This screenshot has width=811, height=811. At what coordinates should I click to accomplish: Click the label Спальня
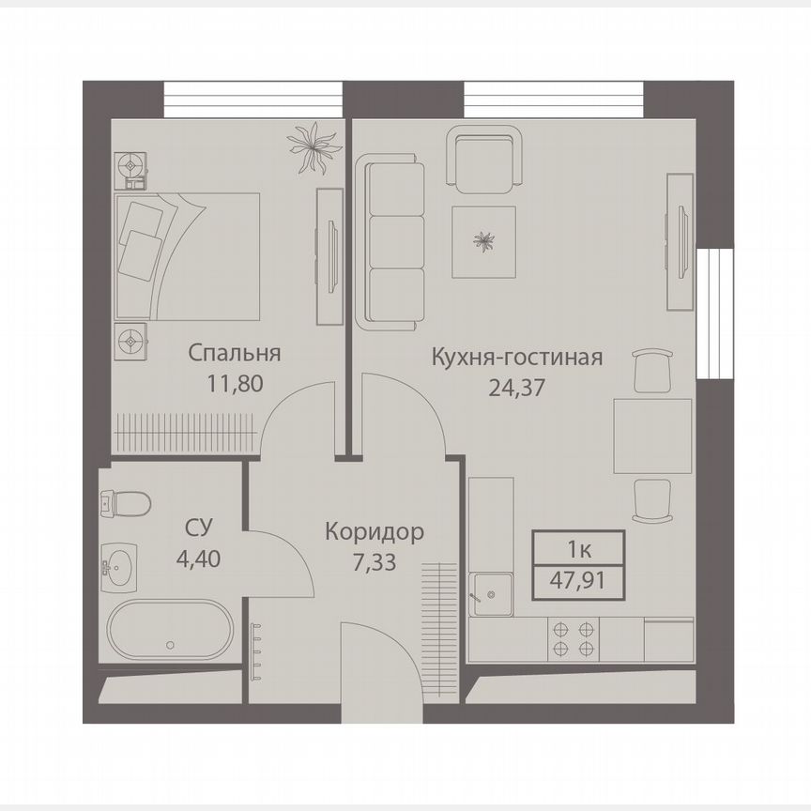235,354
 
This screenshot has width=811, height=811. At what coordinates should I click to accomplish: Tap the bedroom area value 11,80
235,383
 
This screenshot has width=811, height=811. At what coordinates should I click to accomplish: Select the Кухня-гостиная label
516,357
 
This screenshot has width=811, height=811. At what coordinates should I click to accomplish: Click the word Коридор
374,532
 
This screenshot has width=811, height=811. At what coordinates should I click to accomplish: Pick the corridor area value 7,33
374,561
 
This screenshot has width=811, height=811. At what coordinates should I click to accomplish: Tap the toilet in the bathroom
125,504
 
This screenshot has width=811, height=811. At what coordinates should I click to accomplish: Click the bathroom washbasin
118,566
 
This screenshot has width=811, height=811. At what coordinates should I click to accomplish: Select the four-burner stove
574,639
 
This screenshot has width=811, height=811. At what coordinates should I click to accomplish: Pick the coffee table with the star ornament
483,241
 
